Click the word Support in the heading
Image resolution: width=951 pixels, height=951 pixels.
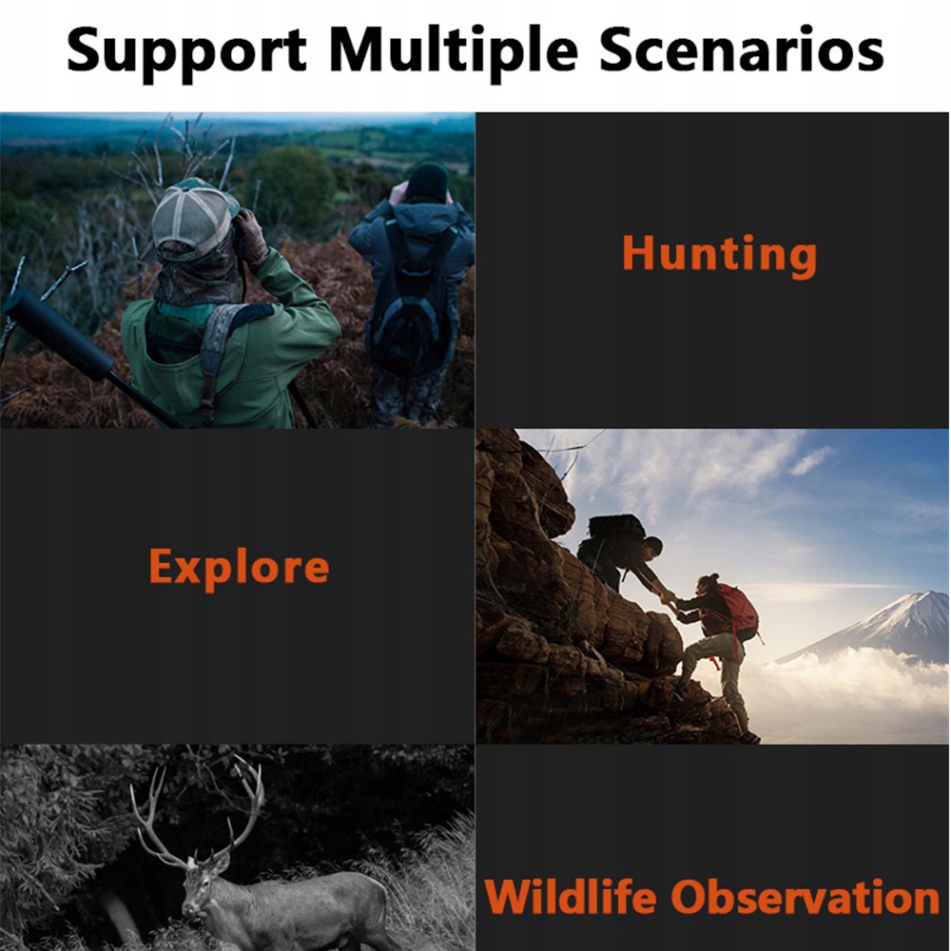186,52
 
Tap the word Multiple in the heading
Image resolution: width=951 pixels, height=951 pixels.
453,51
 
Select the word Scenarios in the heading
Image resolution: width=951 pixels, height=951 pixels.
741,49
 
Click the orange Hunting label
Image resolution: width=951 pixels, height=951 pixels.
719,255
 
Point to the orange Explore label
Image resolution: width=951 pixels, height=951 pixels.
239,568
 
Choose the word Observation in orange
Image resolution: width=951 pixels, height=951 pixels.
805,896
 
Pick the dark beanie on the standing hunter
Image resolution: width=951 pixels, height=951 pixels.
426,182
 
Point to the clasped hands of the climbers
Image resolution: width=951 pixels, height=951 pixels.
668,597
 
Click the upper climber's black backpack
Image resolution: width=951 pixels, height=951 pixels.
616,528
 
